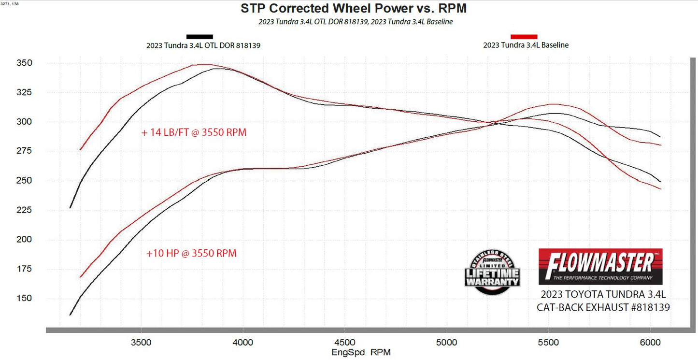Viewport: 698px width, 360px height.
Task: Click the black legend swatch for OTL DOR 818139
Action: click(x=199, y=37)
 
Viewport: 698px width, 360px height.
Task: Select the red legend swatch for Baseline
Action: click(x=524, y=37)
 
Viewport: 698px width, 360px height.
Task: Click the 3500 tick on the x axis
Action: click(x=141, y=342)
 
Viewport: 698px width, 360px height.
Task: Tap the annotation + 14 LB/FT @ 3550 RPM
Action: click(x=194, y=132)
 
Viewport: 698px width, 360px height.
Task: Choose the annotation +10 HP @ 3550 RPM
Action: click(x=191, y=253)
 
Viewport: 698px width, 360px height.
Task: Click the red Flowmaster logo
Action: click(x=600, y=266)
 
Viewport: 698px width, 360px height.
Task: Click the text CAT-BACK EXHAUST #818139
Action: click(x=603, y=307)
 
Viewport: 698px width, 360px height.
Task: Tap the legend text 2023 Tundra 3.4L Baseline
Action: click(x=526, y=45)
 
